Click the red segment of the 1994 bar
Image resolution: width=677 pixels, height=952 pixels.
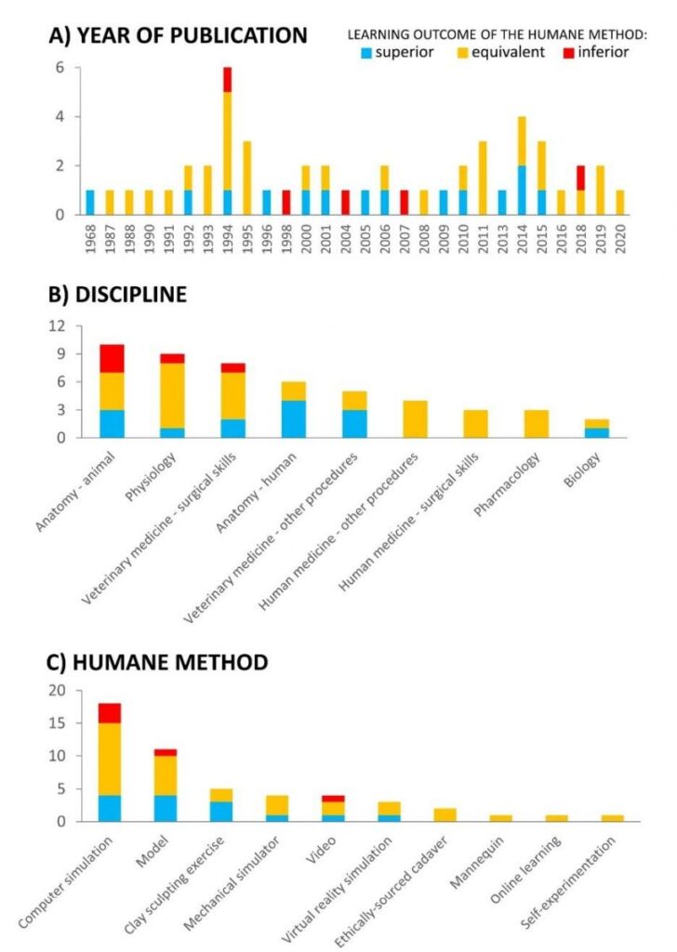[227, 80]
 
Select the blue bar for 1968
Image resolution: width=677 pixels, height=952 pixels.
[90, 203]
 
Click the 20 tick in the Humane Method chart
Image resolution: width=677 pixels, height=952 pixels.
[60, 690]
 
